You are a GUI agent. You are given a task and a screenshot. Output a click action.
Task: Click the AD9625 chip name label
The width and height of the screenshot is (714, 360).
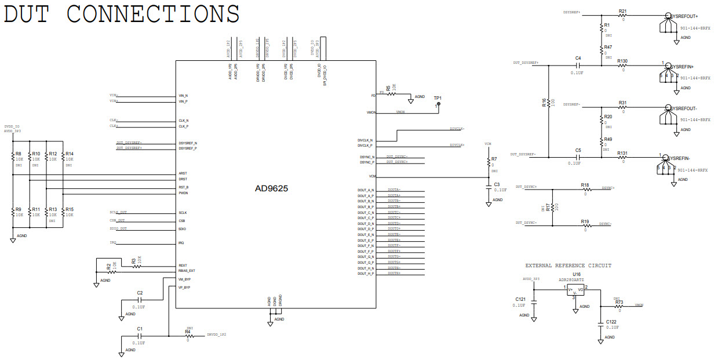[x=272, y=188]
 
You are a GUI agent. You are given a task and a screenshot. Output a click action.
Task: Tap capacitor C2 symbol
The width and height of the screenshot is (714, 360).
[x=140, y=299]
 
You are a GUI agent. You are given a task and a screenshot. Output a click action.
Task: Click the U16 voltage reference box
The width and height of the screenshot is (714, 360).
[x=577, y=290]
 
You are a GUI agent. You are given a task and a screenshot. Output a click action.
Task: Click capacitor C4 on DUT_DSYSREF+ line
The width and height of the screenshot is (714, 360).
[x=578, y=65]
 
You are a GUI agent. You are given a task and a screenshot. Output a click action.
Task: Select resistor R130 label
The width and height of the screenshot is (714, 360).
[x=622, y=61]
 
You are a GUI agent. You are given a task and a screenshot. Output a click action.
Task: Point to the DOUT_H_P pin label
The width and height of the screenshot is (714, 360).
[x=366, y=273]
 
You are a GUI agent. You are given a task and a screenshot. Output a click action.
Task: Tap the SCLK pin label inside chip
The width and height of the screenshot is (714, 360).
[x=183, y=213]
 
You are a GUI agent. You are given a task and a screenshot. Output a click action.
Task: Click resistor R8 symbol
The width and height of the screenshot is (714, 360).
[x=13, y=157]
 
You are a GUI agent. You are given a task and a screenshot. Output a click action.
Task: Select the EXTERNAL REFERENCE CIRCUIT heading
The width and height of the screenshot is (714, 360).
[x=568, y=266]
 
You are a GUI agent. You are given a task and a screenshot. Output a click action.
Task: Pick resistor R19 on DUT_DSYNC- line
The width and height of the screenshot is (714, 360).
[x=585, y=225]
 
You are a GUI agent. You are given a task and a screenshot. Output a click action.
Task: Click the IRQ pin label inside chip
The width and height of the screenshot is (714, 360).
[x=181, y=243]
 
